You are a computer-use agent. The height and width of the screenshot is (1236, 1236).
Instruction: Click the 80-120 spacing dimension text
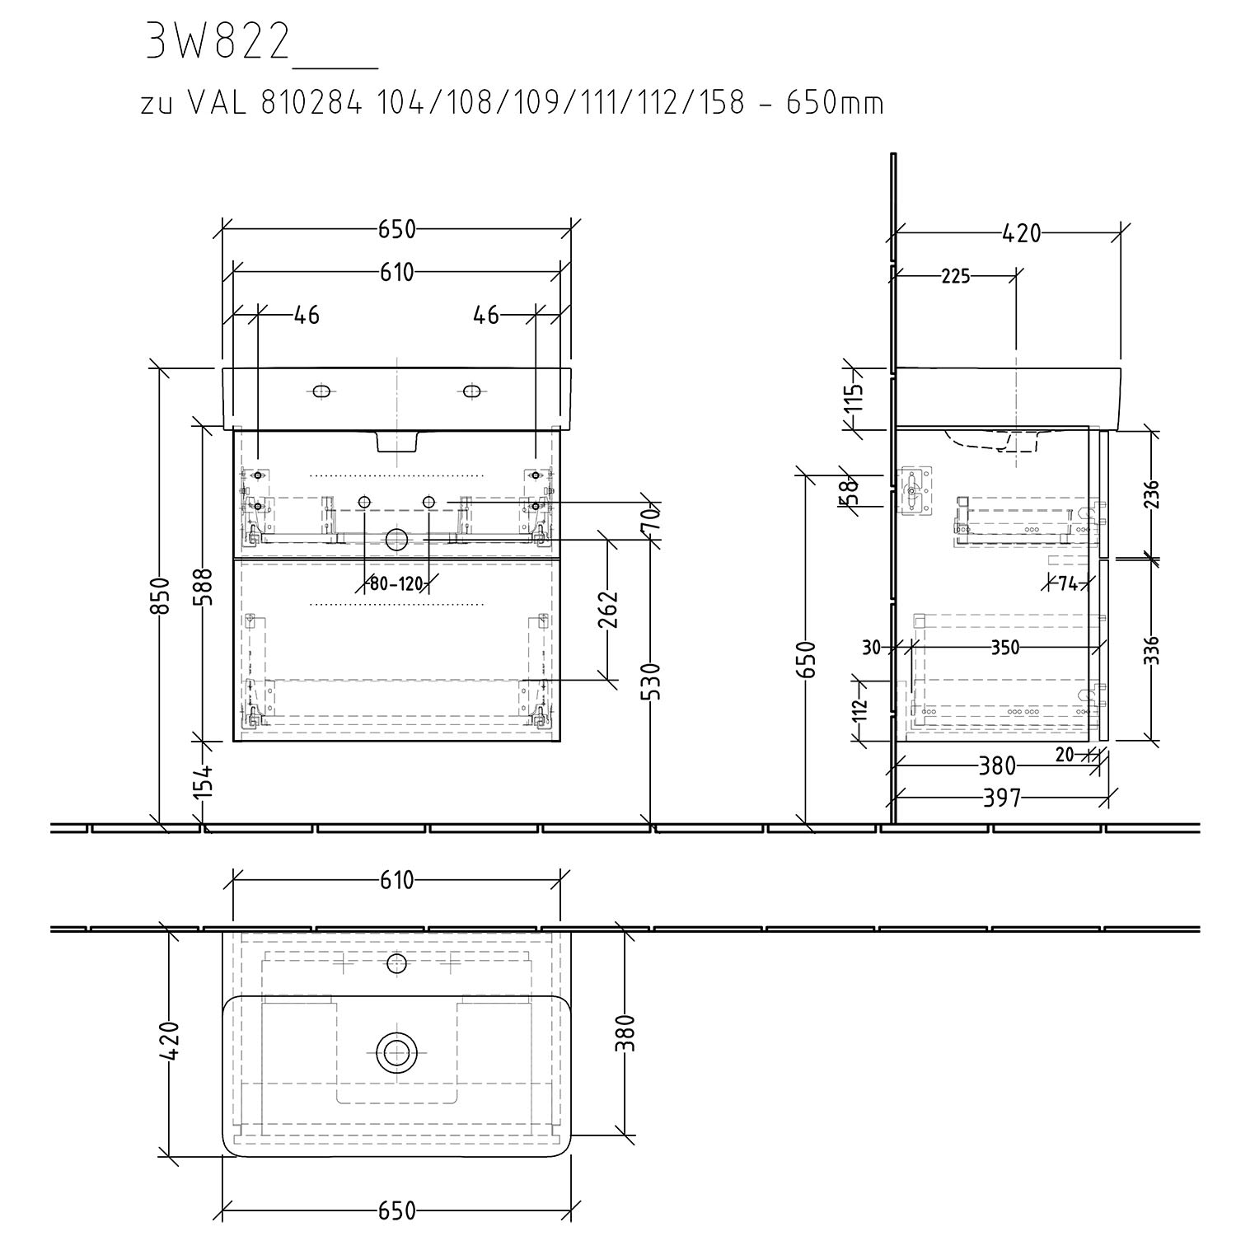[396, 584]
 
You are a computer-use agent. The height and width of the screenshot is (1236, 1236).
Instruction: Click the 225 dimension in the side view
[956, 276]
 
